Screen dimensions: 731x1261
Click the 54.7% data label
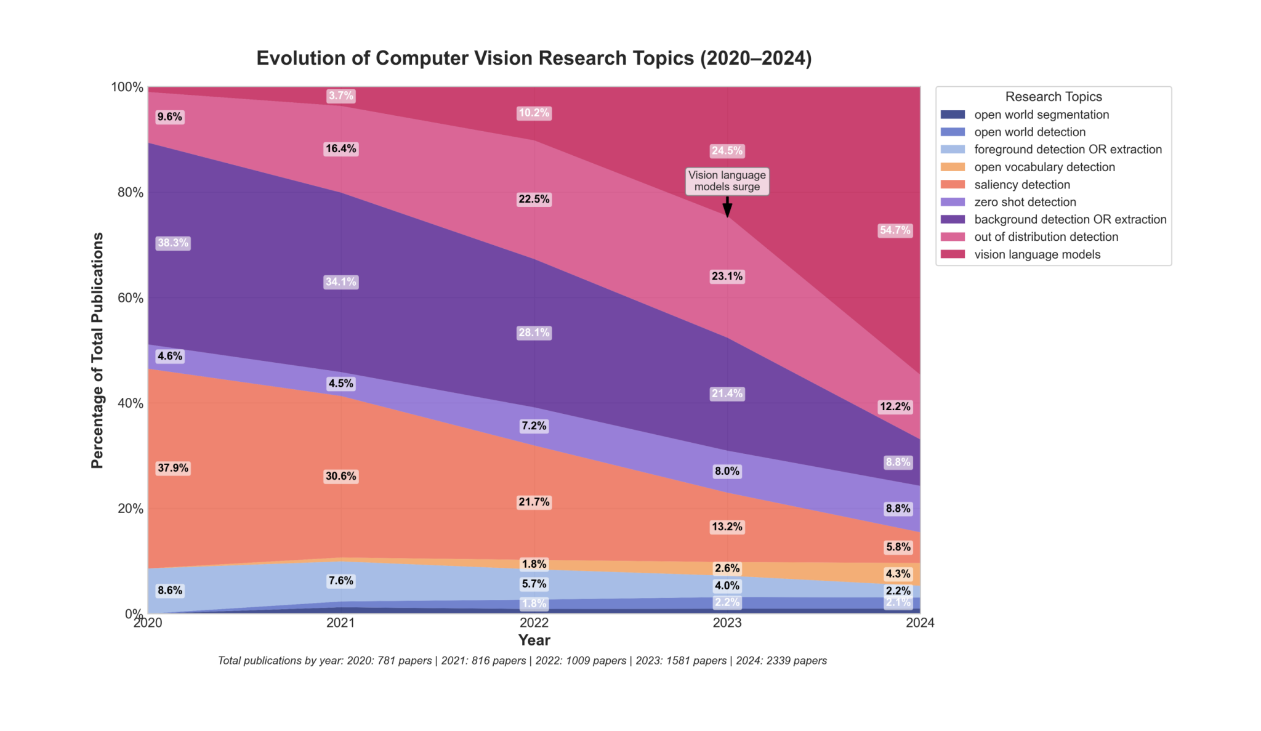click(x=894, y=230)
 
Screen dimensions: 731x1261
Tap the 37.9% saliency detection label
click(x=173, y=468)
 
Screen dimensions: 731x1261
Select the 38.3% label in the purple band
click(x=173, y=243)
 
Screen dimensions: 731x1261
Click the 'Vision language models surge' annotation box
click(x=727, y=181)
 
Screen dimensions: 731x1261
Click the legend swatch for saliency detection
click(x=953, y=185)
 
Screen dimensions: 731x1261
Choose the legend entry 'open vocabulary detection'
click(x=1044, y=167)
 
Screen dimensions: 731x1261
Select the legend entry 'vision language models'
click(x=1037, y=254)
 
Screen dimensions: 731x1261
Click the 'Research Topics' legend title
click(x=1053, y=97)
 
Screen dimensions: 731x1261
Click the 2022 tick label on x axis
click(x=534, y=623)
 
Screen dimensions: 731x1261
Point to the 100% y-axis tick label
click(x=127, y=87)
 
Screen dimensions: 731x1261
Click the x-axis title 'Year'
click(x=534, y=640)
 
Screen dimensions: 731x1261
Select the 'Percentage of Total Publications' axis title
click(x=97, y=350)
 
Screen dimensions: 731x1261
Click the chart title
click(x=534, y=58)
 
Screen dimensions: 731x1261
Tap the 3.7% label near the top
click(x=340, y=96)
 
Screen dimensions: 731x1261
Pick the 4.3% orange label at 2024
click(x=897, y=574)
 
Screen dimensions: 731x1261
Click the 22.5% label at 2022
click(x=534, y=200)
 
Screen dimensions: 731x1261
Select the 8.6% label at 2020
click(x=170, y=591)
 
